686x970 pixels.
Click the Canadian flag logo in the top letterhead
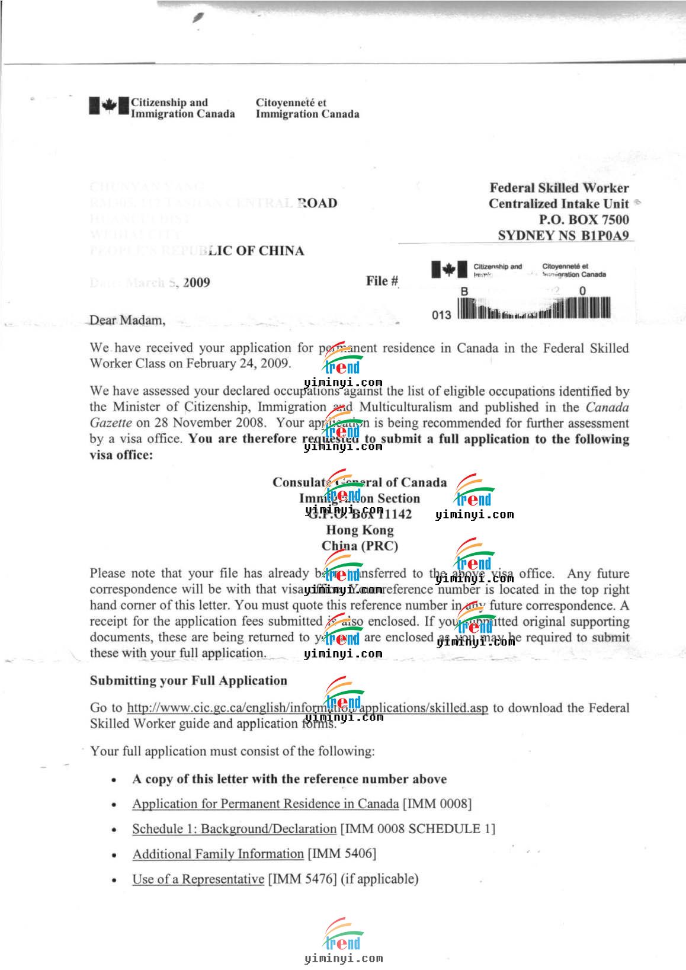109,107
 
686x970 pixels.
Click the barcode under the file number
533,309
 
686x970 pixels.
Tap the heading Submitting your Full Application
188,680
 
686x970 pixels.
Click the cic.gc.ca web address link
307,708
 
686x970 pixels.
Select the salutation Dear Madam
127,321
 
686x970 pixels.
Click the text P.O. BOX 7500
584,219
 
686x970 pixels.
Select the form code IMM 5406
341,854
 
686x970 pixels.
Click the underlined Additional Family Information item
218,854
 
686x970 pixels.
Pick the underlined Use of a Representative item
198,879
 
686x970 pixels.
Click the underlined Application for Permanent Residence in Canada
265,804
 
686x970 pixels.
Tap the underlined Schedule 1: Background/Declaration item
234,829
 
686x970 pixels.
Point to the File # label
382,281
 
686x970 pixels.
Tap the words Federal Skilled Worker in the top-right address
559,188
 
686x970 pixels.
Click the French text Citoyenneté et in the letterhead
291,103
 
